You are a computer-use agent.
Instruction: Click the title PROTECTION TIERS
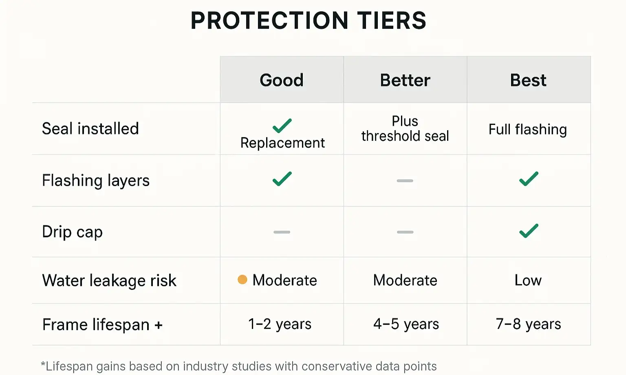pos(308,21)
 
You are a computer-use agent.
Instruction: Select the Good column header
pos(282,80)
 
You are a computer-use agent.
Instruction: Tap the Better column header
pos(405,80)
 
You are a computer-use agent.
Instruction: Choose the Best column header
pos(528,80)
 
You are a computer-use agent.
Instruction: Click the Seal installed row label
pos(90,129)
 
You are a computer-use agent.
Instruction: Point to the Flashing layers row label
pos(96,180)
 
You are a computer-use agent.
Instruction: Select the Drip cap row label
pos(73,232)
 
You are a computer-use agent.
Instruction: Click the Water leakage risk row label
pos(109,281)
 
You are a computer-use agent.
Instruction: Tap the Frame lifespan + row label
pos(102,325)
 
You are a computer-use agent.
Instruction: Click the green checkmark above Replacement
pos(282,126)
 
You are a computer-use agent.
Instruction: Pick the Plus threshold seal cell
pos(405,129)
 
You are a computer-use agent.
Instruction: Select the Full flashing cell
pos(528,129)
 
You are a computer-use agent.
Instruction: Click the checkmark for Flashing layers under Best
pos(529,179)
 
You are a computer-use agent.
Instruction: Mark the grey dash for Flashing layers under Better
pos(405,180)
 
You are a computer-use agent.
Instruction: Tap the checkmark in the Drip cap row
pos(529,231)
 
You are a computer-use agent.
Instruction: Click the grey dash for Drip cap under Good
pos(282,232)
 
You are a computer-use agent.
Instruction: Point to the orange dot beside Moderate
pos(242,279)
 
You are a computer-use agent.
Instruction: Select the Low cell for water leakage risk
pos(528,280)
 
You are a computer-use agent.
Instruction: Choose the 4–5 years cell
pos(406,324)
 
